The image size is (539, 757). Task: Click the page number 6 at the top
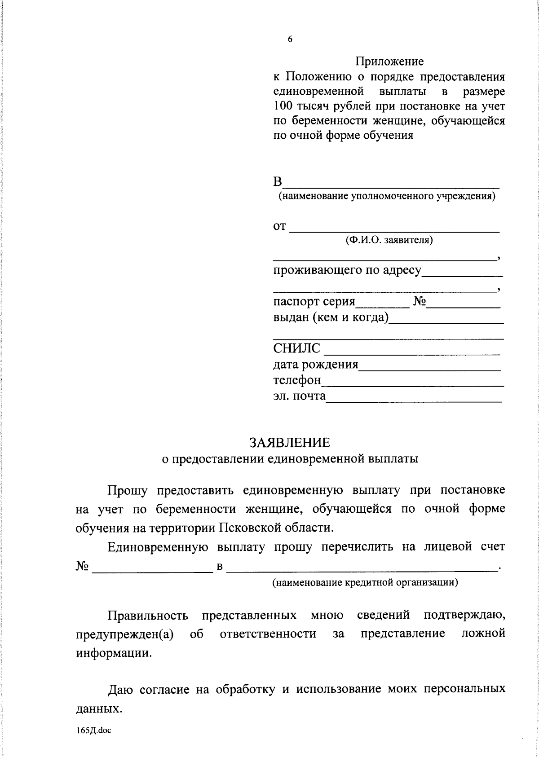(x=290, y=39)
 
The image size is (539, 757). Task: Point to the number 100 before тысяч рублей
(x=283, y=106)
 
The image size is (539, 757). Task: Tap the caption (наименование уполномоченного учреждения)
(x=387, y=196)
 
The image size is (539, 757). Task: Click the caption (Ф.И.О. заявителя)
(x=389, y=240)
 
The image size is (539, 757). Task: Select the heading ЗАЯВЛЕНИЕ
(x=290, y=443)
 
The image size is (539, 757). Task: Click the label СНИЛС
(x=297, y=348)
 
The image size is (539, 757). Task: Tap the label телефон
(x=297, y=380)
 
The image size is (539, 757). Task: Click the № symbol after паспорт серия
(x=419, y=301)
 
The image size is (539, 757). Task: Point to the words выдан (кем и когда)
(x=331, y=317)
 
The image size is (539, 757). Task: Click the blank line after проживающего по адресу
(x=462, y=275)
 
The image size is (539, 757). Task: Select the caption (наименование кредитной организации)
(x=365, y=583)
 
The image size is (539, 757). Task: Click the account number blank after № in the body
(x=152, y=571)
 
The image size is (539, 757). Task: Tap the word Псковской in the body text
(x=243, y=527)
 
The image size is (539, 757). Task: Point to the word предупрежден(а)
(x=125, y=634)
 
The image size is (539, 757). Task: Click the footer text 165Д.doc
(x=93, y=731)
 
